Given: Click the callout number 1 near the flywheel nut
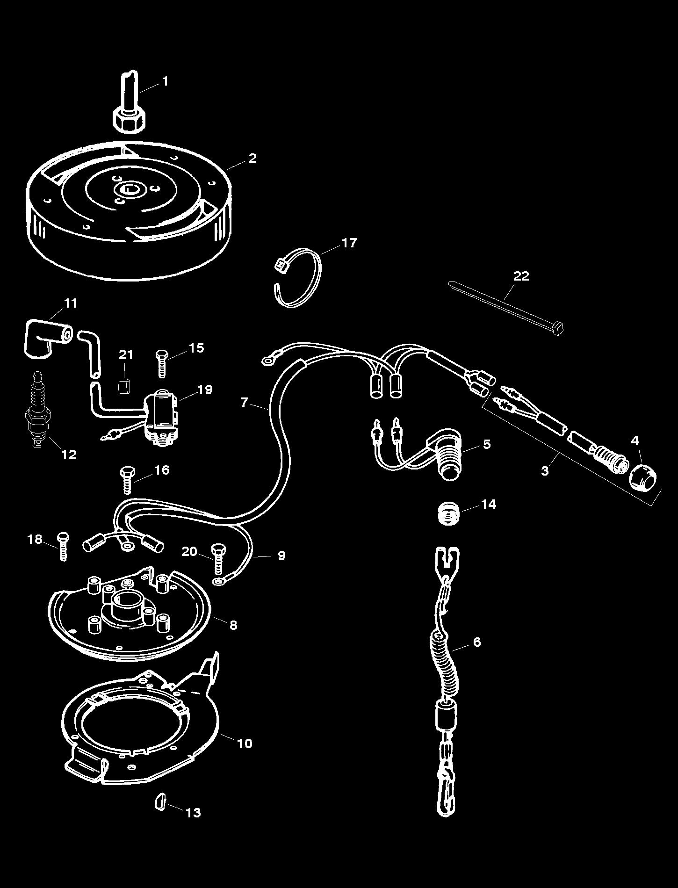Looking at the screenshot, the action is pos(164,81).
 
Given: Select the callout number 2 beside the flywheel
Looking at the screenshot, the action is pos(252,158).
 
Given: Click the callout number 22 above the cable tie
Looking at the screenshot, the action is pos(521,276).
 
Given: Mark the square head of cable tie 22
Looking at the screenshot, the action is pos(558,329).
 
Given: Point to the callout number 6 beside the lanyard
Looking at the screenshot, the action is pos(476,642).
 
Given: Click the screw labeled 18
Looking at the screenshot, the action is pos(63,546).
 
